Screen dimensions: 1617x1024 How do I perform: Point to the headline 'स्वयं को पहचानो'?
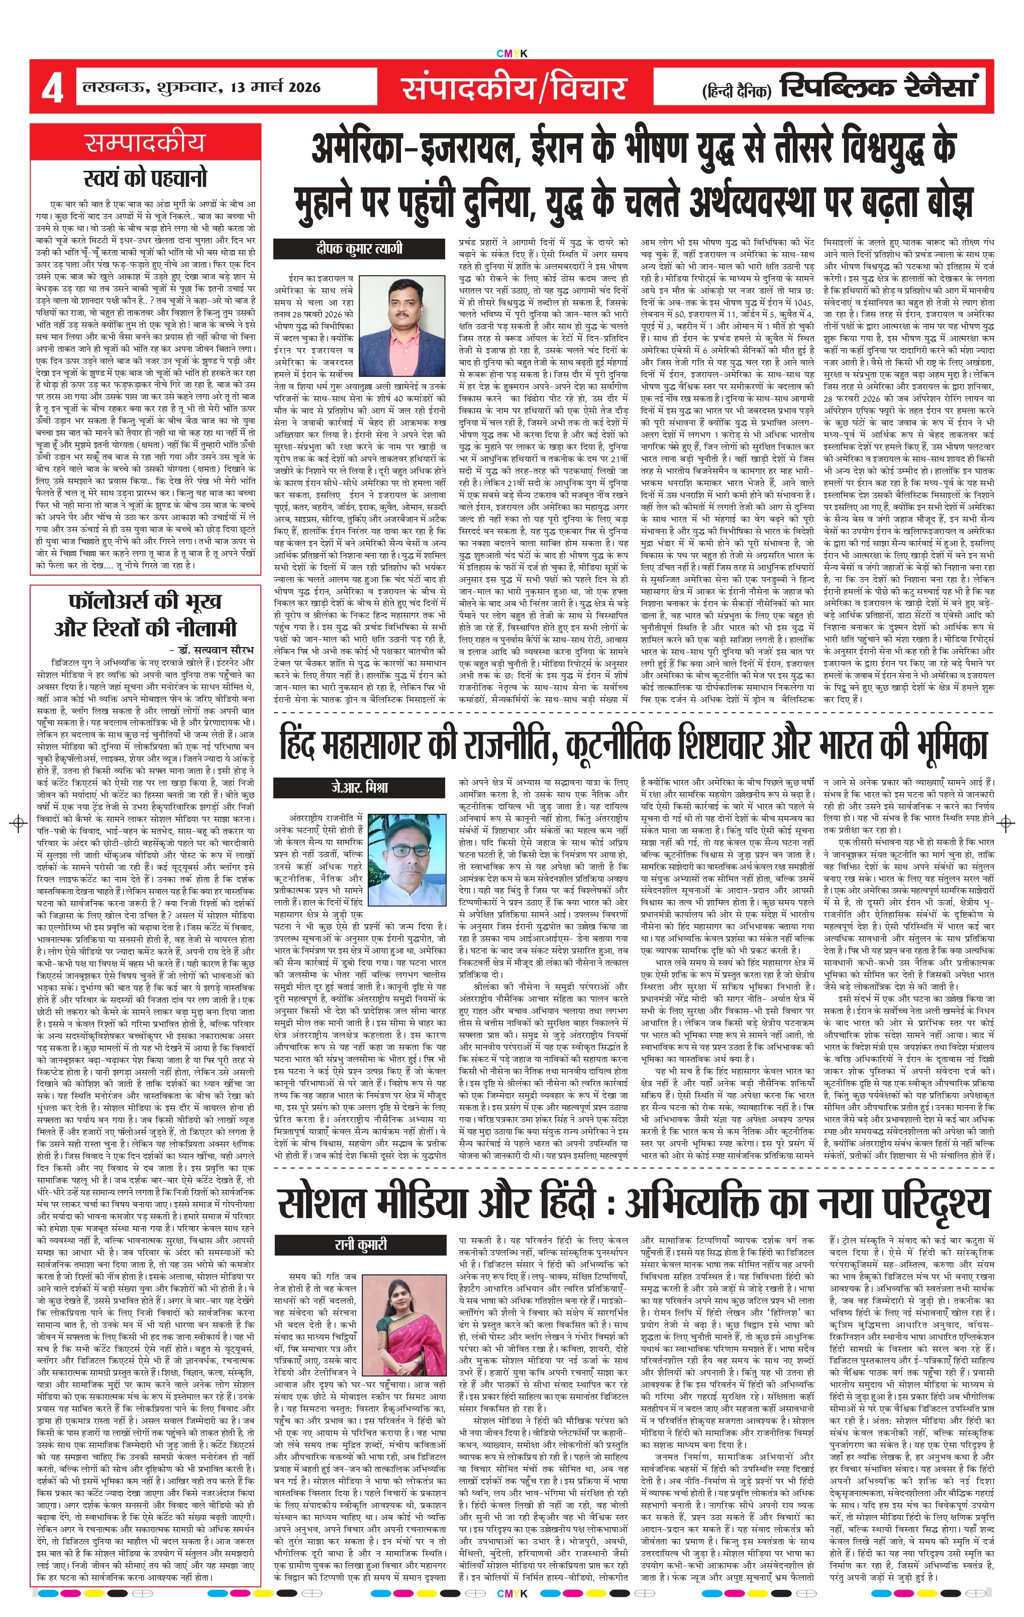145,177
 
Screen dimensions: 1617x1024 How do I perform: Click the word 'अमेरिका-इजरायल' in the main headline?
411,149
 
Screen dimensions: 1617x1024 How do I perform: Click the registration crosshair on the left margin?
18,823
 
